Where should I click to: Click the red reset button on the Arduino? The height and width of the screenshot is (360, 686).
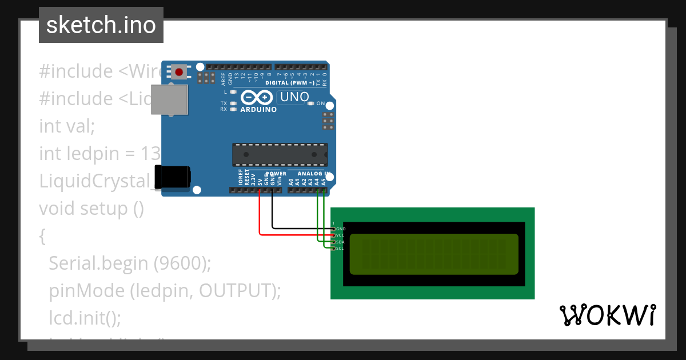(x=180, y=72)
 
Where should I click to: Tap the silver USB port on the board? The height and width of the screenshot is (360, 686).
(x=170, y=99)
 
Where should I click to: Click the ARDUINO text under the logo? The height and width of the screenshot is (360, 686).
(x=258, y=109)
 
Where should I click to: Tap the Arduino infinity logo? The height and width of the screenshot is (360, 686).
(x=258, y=98)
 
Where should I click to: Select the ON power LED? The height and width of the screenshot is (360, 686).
(x=311, y=103)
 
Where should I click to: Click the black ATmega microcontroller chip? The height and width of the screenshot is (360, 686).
(x=280, y=154)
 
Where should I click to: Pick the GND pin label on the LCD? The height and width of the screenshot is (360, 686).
(x=341, y=229)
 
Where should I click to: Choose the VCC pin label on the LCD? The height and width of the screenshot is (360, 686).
(x=341, y=235)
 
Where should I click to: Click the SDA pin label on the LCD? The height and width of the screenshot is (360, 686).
(x=341, y=242)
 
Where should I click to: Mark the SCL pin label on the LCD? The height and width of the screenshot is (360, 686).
(x=341, y=248)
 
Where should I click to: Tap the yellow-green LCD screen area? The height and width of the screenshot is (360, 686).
(x=433, y=254)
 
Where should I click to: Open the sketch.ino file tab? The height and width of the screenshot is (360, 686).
(x=101, y=25)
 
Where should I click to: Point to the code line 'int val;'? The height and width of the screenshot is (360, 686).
(x=66, y=126)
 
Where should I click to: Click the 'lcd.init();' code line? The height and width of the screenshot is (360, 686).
(x=85, y=318)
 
